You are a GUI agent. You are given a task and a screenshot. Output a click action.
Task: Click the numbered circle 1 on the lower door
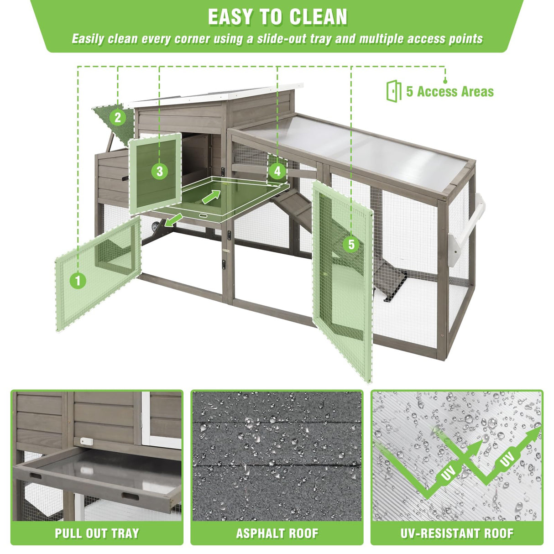click(78, 280)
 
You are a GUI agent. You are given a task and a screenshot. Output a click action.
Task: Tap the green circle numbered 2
click(118, 117)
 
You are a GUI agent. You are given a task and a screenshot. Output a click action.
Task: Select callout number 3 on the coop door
click(160, 171)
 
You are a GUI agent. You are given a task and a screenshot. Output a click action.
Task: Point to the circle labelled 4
click(277, 171)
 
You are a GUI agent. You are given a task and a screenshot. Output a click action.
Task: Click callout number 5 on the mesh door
click(351, 244)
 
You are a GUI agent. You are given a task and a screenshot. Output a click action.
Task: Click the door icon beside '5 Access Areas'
click(394, 91)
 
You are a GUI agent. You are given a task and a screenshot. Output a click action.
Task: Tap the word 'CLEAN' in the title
click(318, 17)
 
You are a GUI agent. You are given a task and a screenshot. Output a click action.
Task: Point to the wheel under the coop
click(156, 227)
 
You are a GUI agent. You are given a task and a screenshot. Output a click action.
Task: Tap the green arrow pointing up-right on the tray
click(212, 196)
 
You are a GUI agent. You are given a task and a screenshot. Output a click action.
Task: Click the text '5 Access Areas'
click(450, 91)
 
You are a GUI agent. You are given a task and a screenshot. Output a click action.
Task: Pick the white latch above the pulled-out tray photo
click(86, 440)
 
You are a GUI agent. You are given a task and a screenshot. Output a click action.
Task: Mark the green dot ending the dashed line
click(445, 82)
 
